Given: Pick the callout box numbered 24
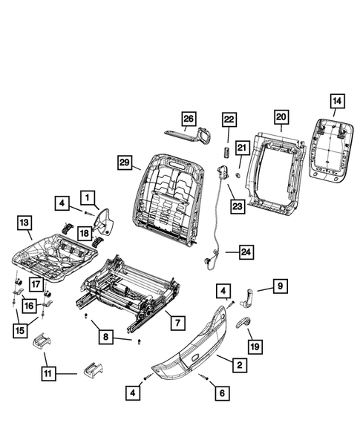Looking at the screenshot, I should coord(246,252).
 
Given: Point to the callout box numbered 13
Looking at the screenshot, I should coord(24,222).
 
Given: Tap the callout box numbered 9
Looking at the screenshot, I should coord(280,286).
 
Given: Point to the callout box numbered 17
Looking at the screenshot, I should coord(36,283).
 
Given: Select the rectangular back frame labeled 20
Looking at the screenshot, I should coord(276,171).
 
